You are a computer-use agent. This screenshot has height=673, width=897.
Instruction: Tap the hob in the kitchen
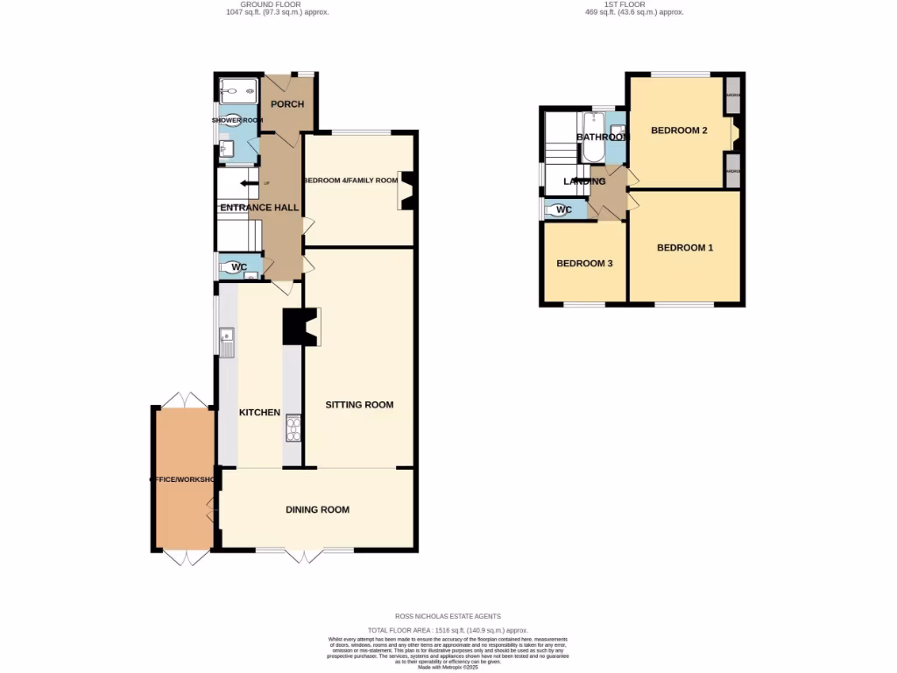click(x=292, y=429)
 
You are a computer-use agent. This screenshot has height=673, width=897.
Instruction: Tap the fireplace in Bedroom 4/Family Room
click(x=407, y=189)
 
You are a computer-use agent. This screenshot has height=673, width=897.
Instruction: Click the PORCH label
click(x=287, y=104)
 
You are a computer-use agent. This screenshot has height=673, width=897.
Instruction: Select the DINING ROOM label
click(x=317, y=509)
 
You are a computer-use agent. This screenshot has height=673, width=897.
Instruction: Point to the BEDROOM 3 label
click(x=584, y=264)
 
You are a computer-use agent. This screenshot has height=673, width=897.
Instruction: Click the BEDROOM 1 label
click(x=685, y=248)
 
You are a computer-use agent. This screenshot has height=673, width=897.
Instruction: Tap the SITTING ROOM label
click(x=359, y=405)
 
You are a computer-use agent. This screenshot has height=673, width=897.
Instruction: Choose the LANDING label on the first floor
click(x=584, y=181)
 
